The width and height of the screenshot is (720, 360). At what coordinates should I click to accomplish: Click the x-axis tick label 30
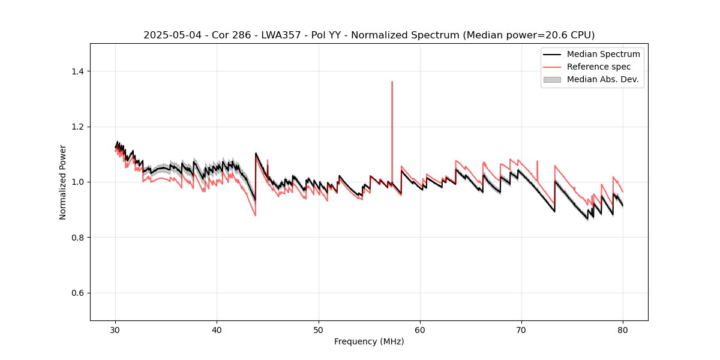pyautogui.click(x=116, y=330)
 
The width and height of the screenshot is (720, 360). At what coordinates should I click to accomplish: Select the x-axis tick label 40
pyautogui.click(x=217, y=330)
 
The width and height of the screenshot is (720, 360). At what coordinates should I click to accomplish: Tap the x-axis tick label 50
pyautogui.click(x=319, y=330)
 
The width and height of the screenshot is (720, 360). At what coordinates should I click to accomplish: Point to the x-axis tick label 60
pyautogui.click(x=420, y=330)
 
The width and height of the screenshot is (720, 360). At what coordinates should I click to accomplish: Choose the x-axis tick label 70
pyautogui.click(x=521, y=330)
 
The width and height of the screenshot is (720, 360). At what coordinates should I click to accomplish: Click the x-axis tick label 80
pyautogui.click(x=623, y=330)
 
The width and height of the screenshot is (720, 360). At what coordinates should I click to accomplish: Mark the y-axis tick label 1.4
pyautogui.click(x=78, y=71)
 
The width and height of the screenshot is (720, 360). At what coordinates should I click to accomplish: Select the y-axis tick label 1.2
pyautogui.click(x=78, y=127)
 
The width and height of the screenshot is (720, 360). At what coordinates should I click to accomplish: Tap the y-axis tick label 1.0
pyautogui.click(x=78, y=182)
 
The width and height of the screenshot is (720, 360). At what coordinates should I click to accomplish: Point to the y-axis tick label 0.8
pyautogui.click(x=78, y=238)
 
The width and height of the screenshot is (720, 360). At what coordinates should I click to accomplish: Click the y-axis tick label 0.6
pyautogui.click(x=78, y=293)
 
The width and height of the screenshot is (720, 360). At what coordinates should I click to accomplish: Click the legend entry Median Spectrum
pyautogui.click(x=603, y=55)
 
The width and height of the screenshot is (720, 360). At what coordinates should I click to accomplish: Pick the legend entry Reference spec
pyautogui.click(x=599, y=67)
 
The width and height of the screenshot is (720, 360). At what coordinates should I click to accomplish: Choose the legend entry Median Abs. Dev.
pyautogui.click(x=602, y=79)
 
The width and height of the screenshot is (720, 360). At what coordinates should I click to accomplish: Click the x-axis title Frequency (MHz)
pyautogui.click(x=369, y=342)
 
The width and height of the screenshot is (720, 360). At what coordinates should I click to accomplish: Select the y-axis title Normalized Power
pyautogui.click(x=63, y=182)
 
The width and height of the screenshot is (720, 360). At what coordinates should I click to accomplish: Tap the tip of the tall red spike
pyautogui.click(x=392, y=82)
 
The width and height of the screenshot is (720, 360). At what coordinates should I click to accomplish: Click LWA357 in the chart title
pyautogui.click(x=283, y=35)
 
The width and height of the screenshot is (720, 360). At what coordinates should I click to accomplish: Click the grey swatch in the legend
pyautogui.click(x=552, y=79)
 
